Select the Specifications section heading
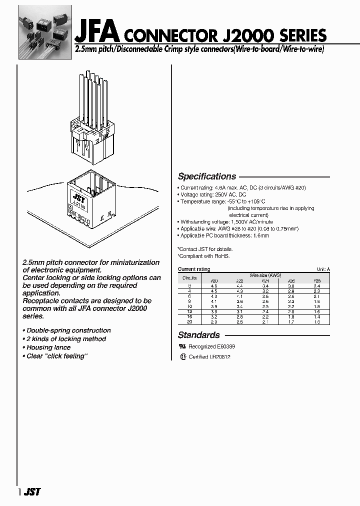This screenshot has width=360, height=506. pos(207,176)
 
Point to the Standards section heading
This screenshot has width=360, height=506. pos(199,335)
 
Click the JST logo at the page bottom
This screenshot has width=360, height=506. pos(31,492)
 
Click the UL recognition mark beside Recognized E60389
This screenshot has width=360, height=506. pos(182,346)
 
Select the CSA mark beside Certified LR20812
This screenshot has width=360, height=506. pos(182,356)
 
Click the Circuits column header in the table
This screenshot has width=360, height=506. pos(189,277)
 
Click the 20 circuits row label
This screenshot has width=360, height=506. pos(189,321)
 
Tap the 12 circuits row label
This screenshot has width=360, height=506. pos(189,311)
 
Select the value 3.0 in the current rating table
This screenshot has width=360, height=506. pos(291,286)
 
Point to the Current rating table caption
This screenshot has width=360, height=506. pos(194,269)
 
